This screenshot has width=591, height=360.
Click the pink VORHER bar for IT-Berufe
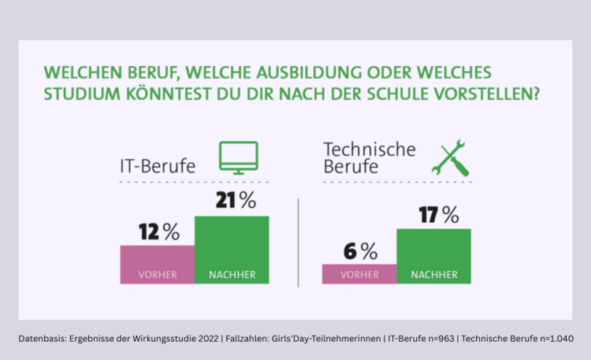tap(157, 264)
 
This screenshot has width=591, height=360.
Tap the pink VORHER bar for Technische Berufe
tap(359, 273)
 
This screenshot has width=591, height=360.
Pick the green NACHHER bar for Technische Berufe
tap(434, 256)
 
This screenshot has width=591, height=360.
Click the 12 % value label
tap(158, 232)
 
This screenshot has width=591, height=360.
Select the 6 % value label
tap(359, 251)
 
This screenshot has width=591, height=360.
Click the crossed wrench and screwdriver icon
tap(452, 158)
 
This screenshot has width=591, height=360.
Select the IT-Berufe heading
tap(157, 166)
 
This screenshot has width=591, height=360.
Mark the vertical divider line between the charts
tap(298, 243)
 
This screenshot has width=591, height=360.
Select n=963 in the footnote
tap(437, 338)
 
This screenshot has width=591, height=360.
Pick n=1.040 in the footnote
tap(552, 338)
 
